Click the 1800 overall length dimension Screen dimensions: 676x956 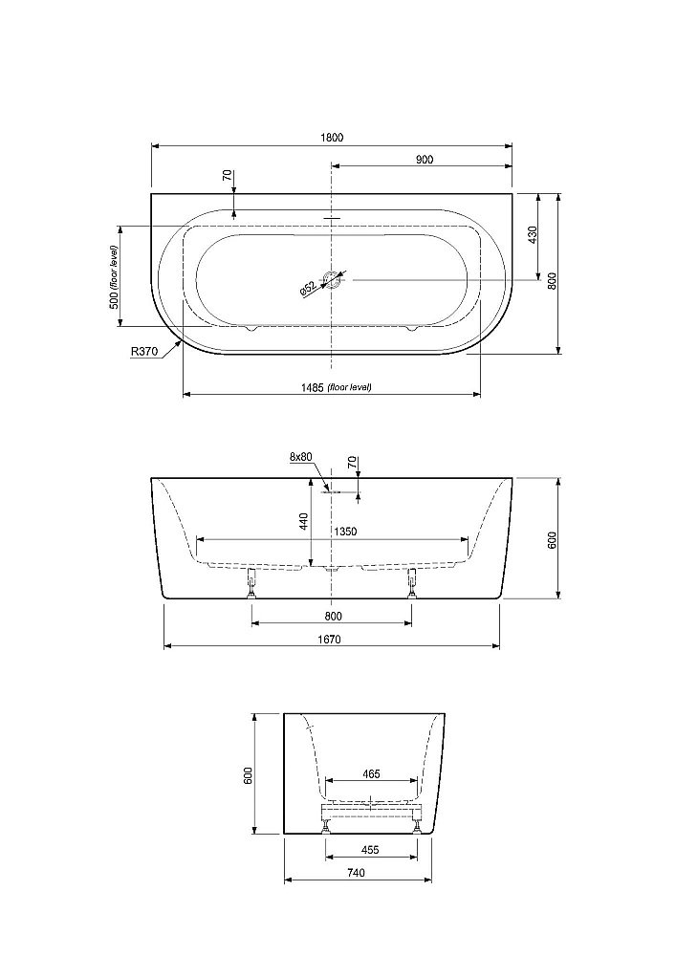pos(332,138)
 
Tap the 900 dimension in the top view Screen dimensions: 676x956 pos(425,160)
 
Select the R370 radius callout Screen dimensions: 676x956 pos(143,351)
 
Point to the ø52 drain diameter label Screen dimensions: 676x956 pos(308,289)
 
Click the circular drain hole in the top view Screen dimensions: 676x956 pos(332,280)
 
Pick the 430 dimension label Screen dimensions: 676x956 pos(533,235)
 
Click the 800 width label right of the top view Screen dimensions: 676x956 pos(553,280)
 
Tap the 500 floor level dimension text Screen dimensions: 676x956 pos(114,276)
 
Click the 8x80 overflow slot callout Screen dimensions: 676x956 pos(300,457)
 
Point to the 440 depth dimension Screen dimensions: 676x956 pos(304,521)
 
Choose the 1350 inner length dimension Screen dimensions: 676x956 pos(345,532)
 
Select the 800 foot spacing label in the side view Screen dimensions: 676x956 pos(334,617)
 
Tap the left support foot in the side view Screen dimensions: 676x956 pos(251,583)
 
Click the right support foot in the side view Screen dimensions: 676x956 pos(412,583)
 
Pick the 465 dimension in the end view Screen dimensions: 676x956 pos(371,774)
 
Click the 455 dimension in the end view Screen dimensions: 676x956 pos(370,850)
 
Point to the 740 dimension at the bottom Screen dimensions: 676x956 pos(356,873)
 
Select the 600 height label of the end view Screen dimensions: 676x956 pos(248,775)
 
